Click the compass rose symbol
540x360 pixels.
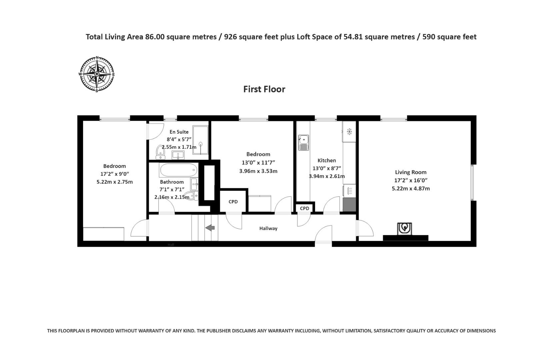[x=97, y=74]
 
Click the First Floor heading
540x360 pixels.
[x=264, y=89]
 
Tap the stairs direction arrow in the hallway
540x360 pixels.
[x=210, y=228]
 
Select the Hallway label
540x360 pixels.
[x=268, y=228]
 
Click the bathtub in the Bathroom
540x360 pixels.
[x=178, y=170]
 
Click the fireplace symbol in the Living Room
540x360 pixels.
[x=405, y=229]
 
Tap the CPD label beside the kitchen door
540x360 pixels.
[x=304, y=208]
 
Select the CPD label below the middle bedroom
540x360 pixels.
[x=233, y=202]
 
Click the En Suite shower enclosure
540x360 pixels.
[x=200, y=140]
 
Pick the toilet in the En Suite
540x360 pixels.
[x=160, y=152]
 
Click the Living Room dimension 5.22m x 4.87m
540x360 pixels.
[x=411, y=188]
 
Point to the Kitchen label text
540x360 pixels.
[x=326, y=160]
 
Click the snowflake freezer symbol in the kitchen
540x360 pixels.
[x=349, y=132]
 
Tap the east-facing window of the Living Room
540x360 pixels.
[x=472, y=182]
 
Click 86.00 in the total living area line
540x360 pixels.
[x=155, y=37]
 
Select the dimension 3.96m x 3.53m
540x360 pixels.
[x=258, y=171]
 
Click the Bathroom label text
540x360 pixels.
[x=172, y=182]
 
